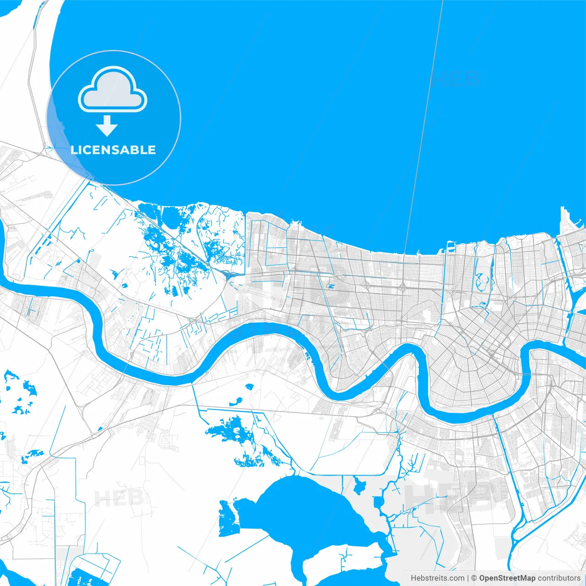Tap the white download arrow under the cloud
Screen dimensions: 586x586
[107, 126]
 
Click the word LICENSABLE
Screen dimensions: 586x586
[113, 150]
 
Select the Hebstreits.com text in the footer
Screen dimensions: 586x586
[437, 578]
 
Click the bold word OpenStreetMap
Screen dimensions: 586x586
[507, 578]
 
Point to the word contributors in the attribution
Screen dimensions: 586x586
[559, 578]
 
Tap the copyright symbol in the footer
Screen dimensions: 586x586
[474, 578]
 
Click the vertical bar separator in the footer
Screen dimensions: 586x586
[468, 578]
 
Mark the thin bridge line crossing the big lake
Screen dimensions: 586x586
[423, 128]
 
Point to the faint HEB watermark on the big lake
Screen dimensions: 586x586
[458, 79]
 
